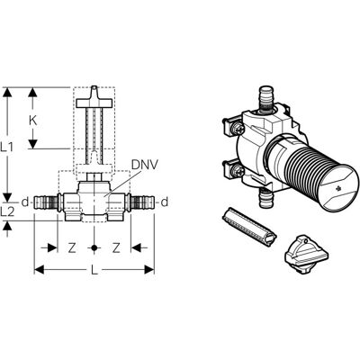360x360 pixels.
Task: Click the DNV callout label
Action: [145, 165]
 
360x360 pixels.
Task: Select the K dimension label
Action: [33, 121]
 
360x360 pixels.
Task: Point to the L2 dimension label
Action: [7, 212]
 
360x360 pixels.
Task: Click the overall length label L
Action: [94, 270]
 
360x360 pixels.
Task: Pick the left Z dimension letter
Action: [71, 247]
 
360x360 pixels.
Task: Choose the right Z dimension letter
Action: [116, 247]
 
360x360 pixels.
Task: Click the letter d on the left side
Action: [25, 202]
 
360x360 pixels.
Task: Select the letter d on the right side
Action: [165, 202]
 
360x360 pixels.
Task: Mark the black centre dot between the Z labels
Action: [94, 247]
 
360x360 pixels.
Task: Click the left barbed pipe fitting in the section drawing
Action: [46, 202]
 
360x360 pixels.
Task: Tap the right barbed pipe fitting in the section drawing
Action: [142, 202]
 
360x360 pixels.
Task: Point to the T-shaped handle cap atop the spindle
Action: [94, 98]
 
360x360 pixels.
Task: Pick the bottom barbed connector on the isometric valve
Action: [265, 197]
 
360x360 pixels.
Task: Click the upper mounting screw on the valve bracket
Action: [238, 129]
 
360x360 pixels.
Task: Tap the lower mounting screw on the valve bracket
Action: [238, 171]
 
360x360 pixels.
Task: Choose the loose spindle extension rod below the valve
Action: [249, 227]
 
